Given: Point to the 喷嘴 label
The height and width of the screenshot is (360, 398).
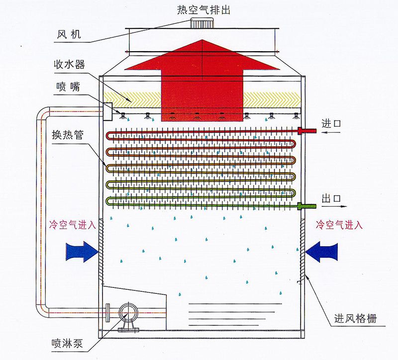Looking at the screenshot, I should [x=66, y=87].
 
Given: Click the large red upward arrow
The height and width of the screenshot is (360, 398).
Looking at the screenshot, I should [x=201, y=80].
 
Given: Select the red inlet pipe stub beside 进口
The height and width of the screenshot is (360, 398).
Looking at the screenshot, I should [x=306, y=131].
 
